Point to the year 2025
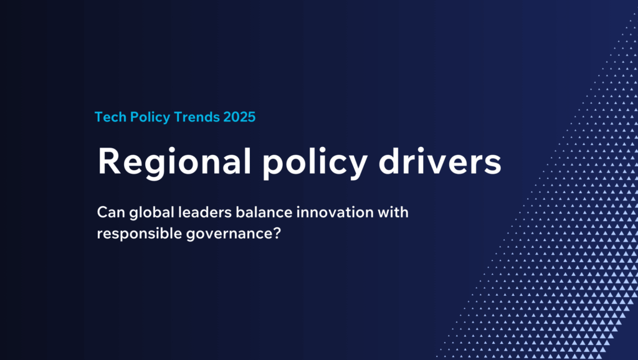pos(240,117)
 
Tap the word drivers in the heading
pos(440,161)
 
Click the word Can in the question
pos(111,212)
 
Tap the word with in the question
pos(393,212)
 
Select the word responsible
pos(140,235)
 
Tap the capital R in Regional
pos(109,161)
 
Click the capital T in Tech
pos(99,117)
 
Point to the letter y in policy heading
pos(358,166)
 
